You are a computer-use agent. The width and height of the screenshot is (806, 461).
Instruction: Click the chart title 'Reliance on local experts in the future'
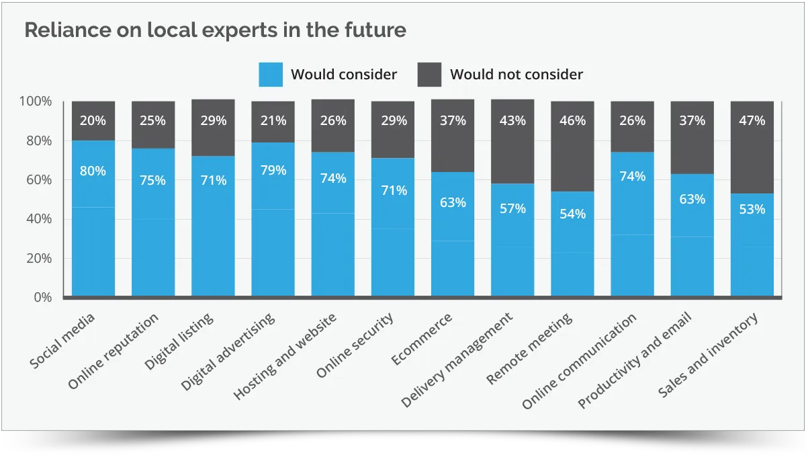click(215, 30)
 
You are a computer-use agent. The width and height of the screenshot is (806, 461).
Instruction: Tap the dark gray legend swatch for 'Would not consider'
click(429, 74)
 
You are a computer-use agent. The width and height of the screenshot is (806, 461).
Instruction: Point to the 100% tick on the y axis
click(36, 101)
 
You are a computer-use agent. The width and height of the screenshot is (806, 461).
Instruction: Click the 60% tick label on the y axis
click(38, 180)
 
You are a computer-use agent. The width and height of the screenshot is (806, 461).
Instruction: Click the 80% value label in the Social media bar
click(93, 171)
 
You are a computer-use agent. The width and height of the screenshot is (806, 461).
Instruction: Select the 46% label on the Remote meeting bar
click(572, 121)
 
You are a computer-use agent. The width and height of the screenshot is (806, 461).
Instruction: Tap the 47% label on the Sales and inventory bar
click(752, 121)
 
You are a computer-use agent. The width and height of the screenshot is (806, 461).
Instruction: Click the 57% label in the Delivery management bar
click(512, 208)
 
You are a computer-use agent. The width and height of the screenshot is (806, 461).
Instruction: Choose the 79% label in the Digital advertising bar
click(273, 170)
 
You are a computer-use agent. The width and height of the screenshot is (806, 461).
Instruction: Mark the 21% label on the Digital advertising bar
click(273, 121)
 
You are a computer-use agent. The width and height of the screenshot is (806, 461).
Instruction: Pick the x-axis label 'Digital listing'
click(179, 344)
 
